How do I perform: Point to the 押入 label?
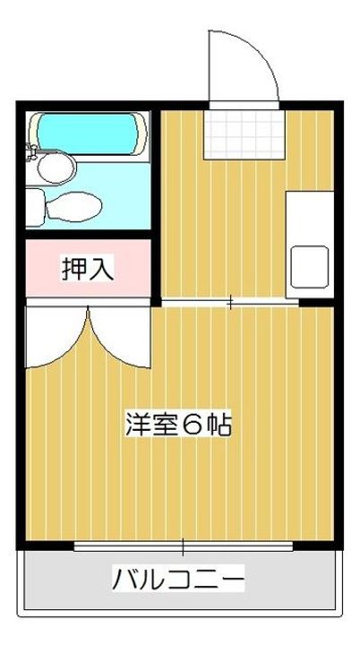point(87,269)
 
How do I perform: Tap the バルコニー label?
point(178,580)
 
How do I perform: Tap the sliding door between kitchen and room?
point(230,303)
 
